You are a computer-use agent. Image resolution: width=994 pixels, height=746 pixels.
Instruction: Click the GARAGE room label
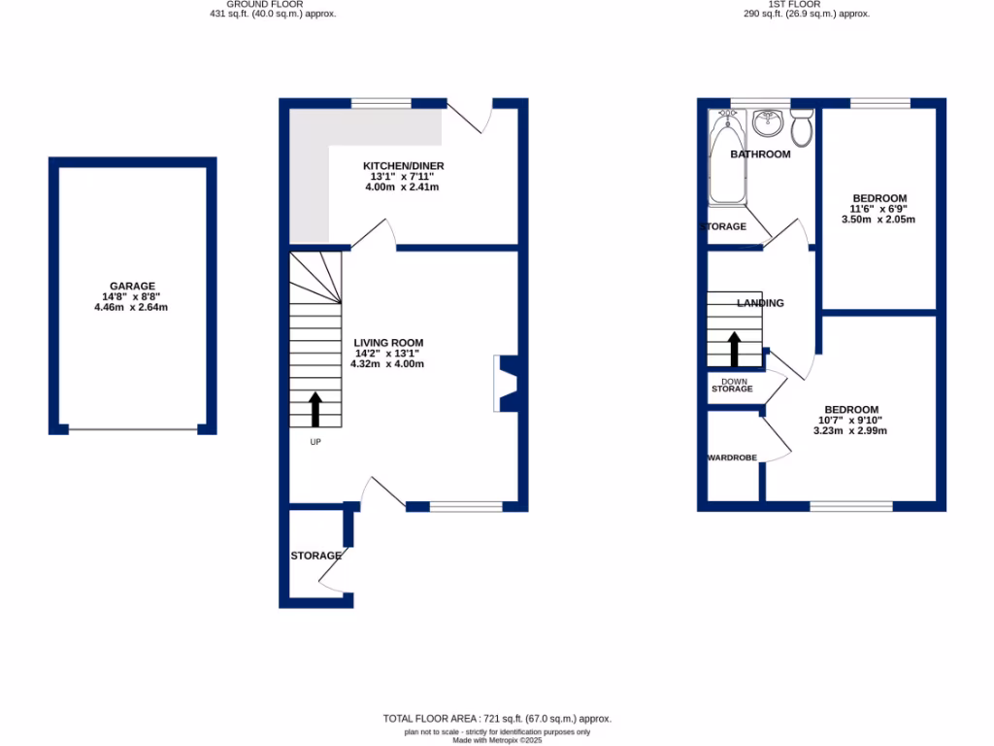[132, 286]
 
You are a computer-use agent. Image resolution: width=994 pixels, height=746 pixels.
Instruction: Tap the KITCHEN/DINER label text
[403, 166]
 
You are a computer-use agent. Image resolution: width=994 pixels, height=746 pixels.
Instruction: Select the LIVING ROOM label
[388, 343]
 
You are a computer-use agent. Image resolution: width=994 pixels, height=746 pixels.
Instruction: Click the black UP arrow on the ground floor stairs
[315, 409]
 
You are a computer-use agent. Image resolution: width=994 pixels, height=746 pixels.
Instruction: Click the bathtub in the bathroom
[724, 160]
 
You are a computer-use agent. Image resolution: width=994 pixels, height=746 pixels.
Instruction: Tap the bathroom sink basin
[769, 122]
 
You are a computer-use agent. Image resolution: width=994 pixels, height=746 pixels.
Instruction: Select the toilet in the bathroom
[802, 127]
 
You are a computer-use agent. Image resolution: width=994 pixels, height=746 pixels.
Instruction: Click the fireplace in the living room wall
[506, 384]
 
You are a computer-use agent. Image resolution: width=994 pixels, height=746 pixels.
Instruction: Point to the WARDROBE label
[731, 457]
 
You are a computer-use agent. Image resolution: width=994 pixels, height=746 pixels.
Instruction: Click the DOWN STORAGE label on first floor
[732, 385]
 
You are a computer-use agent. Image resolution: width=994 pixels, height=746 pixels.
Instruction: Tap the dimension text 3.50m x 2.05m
[878, 220]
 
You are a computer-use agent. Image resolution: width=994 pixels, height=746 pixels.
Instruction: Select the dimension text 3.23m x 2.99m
[850, 430]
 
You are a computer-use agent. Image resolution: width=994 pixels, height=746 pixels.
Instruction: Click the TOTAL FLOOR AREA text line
[497, 719]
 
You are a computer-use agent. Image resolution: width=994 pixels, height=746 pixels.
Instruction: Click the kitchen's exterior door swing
[470, 117]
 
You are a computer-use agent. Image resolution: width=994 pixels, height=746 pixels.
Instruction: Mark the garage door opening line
[133, 428]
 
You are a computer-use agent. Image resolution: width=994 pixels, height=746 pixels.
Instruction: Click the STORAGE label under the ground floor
[315, 556]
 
